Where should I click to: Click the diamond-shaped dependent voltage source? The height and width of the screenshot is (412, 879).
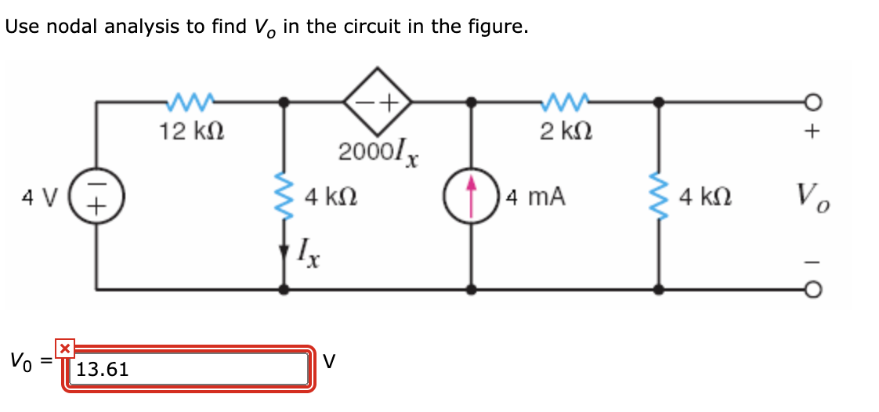point(378,101)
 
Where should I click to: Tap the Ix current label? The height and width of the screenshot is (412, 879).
point(307,253)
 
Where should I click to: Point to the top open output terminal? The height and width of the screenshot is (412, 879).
point(815,101)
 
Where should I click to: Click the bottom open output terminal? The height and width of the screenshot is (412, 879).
point(815,290)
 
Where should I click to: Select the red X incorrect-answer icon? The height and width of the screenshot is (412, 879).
point(65,348)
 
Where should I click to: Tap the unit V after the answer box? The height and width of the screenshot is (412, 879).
point(330,361)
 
